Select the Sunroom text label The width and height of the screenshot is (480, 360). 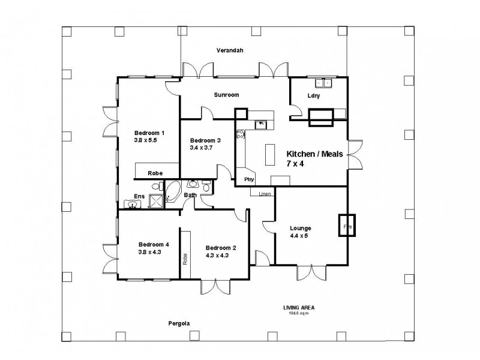point(227,95)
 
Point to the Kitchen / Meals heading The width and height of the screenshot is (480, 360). point(314,154)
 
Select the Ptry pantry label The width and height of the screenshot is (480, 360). point(248,179)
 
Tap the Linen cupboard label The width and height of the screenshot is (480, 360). point(265,194)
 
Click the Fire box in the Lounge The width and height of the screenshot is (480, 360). point(347,226)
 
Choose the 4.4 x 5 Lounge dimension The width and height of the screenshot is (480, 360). point(299,236)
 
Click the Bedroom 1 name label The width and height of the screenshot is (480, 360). point(149,133)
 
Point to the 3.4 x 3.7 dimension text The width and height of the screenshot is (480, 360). point(202,148)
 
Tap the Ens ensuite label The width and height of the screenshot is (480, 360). point(139,196)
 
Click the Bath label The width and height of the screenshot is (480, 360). point(190,195)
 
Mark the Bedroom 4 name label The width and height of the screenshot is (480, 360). point(154,244)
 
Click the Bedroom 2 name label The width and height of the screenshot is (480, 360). point(221,247)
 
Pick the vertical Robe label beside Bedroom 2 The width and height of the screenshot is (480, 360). point(185,259)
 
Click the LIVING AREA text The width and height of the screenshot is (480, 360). point(299,308)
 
